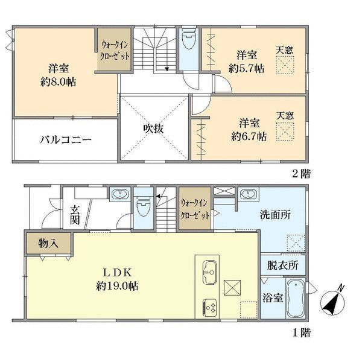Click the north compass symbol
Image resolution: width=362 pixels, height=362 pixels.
333,301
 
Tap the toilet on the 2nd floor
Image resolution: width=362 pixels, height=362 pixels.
189,39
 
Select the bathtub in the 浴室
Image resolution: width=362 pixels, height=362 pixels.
295,299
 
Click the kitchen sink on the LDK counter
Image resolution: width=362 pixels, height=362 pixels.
209,272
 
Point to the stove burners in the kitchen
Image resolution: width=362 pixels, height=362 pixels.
210,308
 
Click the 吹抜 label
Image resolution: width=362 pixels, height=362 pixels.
153,129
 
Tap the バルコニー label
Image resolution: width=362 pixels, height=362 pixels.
66,140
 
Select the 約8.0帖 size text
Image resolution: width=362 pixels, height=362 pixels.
59,82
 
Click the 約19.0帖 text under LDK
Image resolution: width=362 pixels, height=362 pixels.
117,286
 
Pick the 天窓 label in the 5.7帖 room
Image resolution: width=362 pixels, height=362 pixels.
285,50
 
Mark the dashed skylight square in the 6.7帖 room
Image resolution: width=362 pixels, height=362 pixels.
285,132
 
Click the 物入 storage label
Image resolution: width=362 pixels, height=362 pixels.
48,243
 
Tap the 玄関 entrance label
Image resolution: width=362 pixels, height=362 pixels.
75,215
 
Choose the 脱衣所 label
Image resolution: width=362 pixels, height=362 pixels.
282,265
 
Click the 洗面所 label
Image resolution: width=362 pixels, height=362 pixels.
275,215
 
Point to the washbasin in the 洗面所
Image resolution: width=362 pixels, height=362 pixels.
248,194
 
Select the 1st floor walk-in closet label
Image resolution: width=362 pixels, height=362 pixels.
195,209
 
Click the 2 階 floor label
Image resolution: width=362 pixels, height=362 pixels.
301,174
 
